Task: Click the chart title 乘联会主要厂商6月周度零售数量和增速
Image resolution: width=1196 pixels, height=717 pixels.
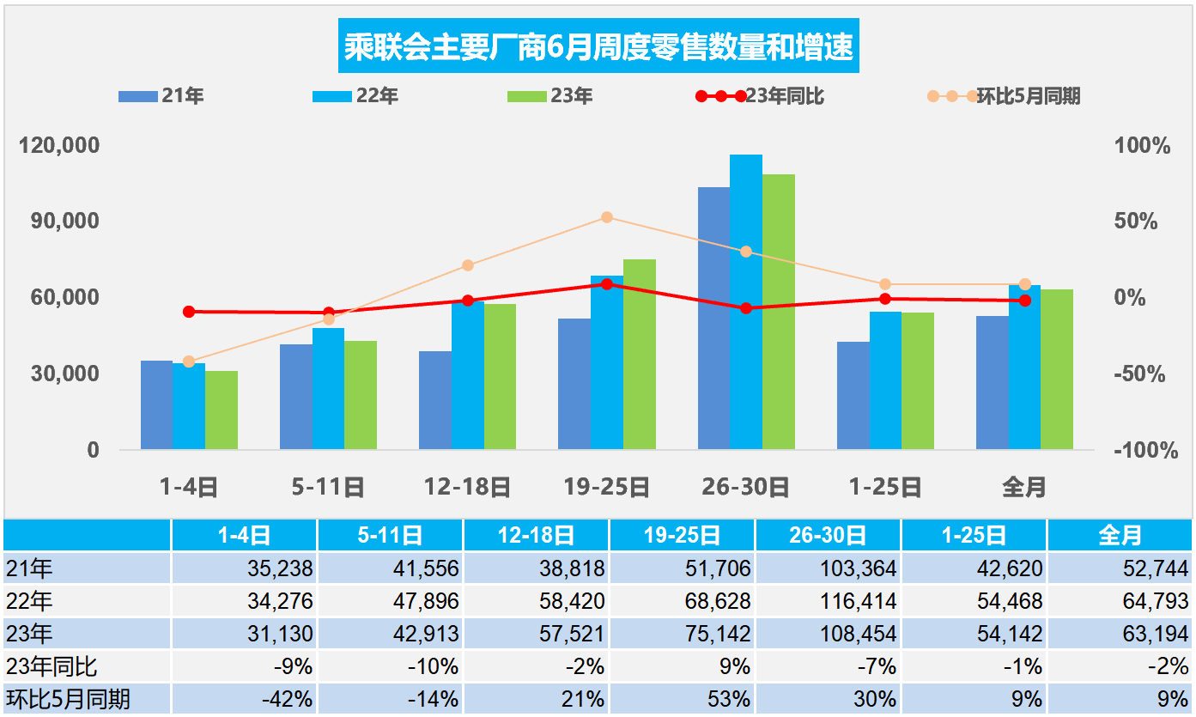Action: pos(598,47)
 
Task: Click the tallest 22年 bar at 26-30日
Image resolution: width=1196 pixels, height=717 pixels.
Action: pos(745,301)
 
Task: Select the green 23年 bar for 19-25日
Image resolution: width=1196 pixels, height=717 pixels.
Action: pos(639,354)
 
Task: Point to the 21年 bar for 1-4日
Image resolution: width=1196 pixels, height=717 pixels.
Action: pos(156,404)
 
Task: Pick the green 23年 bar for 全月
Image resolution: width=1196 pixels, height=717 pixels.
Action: pos(1056,369)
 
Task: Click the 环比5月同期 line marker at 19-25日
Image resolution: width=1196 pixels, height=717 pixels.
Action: pos(607,217)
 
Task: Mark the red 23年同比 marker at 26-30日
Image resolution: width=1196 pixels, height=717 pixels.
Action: pos(745,307)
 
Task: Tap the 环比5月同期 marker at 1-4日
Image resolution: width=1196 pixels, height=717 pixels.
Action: pos(189,362)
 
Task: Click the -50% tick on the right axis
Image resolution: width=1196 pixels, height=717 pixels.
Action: pos(1138,374)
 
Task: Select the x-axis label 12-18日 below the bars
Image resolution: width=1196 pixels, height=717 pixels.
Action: pos(467,488)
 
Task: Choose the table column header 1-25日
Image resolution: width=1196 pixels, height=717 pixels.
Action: pos(974,536)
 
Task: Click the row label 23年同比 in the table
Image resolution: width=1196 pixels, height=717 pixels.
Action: pos(52,666)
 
